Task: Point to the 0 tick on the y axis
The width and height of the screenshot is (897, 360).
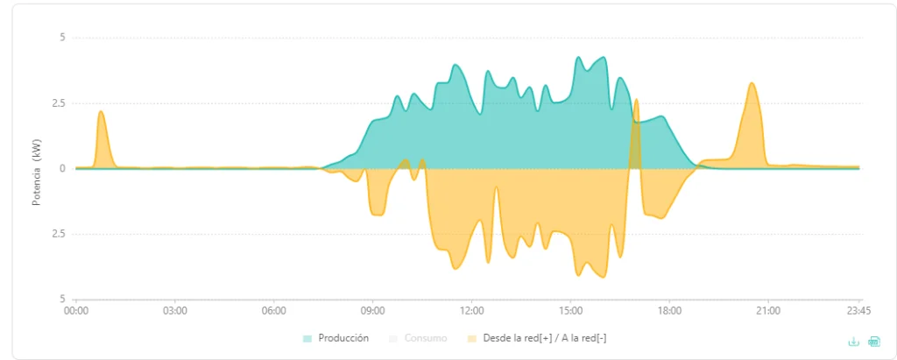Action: (x=63, y=169)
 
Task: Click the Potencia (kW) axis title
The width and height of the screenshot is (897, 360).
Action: (x=37, y=173)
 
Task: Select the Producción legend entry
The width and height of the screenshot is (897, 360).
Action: (x=343, y=338)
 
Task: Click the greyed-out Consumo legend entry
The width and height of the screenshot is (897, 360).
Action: (x=426, y=338)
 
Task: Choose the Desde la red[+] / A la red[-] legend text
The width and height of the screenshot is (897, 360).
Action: (x=545, y=338)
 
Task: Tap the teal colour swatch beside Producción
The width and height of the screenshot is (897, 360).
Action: (x=307, y=339)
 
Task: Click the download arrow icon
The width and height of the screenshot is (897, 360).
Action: (x=853, y=342)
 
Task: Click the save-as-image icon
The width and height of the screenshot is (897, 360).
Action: (x=874, y=342)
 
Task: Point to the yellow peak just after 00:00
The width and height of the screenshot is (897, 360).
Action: (x=101, y=111)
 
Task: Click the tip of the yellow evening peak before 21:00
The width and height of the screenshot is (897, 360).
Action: (x=752, y=83)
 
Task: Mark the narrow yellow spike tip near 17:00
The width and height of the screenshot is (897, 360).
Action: (x=636, y=99)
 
